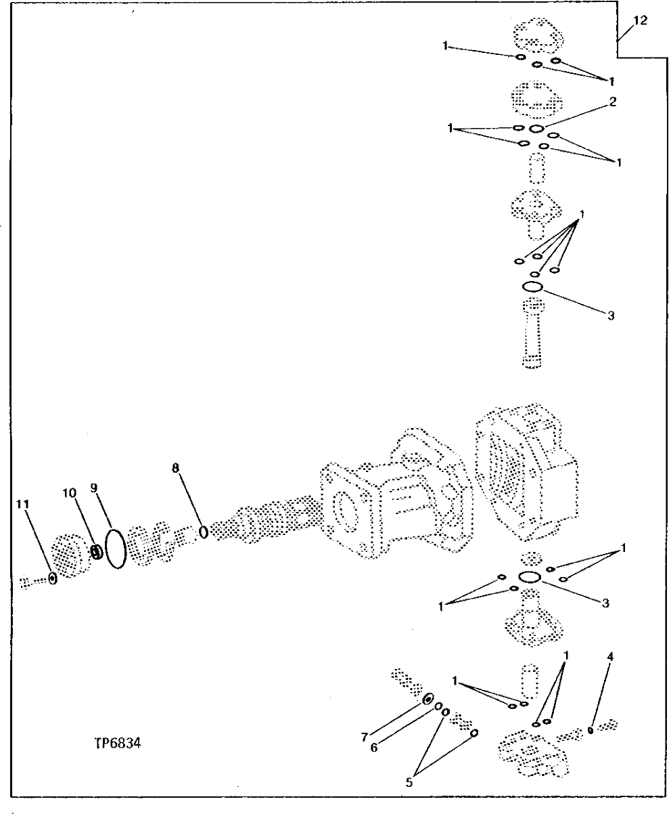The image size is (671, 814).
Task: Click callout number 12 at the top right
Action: (x=641, y=20)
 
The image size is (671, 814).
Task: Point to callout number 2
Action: (x=611, y=102)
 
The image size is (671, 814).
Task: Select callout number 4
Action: (x=611, y=656)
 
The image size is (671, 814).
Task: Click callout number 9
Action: (x=94, y=486)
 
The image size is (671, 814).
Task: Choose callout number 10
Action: (x=70, y=493)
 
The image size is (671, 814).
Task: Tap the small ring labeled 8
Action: (x=203, y=533)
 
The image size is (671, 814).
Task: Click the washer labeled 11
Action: (x=53, y=579)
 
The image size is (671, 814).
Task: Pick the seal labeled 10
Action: (x=97, y=553)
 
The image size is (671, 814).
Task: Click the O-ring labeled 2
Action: (x=536, y=128)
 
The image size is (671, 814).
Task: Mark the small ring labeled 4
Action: (x=591, y=731)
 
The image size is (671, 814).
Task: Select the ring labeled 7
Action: (x=429, y=699)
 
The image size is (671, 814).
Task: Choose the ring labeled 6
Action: (x=438, y=707)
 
